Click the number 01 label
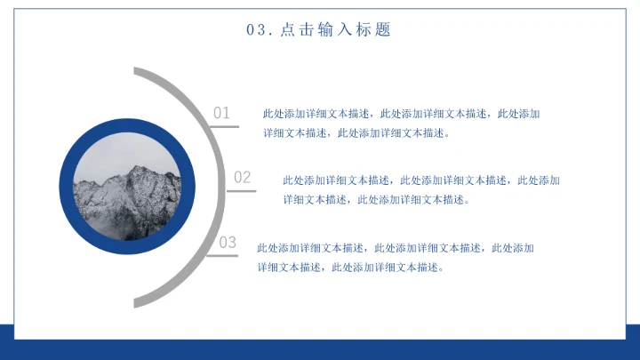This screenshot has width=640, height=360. (221, 113)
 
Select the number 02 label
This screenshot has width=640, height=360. (243, 178)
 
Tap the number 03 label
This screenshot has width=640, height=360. (228, 243)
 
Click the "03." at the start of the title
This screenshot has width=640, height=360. (258, 30)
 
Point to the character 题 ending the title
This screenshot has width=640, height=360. (383, 30)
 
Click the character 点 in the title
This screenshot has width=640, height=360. (287, 30)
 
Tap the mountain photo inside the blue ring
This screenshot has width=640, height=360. (126, 188)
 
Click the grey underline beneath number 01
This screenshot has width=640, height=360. (224, 126)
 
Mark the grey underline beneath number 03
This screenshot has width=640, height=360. (222, 256)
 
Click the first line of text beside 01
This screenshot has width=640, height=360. (401, 114)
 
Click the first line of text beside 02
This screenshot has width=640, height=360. (421, 180)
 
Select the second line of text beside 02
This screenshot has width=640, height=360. (375, 199)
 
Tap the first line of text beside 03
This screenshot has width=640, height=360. (395, 247)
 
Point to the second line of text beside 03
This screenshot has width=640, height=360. (349, 267)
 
